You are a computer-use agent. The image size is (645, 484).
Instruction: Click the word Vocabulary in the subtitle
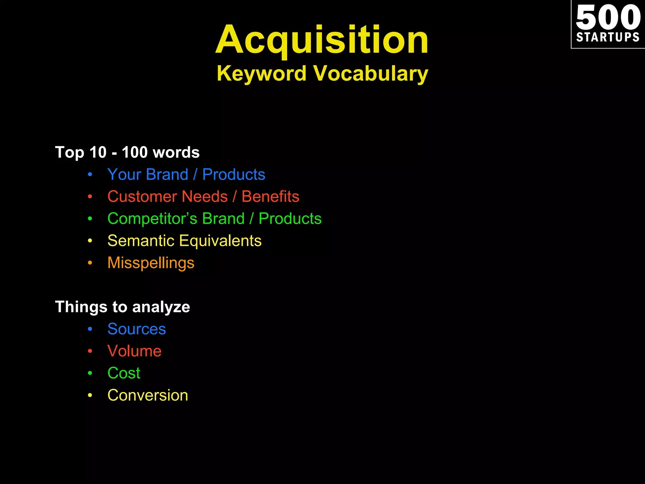coord(371,74)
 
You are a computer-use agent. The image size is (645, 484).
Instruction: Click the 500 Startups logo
coord(608,24)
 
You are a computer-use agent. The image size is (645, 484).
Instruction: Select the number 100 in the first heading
coord(134,152)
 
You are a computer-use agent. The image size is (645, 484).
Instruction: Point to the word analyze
coord(161,307)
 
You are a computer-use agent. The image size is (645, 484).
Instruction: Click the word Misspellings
coord(151,263)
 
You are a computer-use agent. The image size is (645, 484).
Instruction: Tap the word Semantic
coord(141,241)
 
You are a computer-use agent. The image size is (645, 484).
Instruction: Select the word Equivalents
coord(220,241)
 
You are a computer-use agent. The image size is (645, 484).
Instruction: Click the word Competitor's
coord(152,219)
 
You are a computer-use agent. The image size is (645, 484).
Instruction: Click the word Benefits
coord(270,197)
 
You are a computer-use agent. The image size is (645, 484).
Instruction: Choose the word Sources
coord(137,329)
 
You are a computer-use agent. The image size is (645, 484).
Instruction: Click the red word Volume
coord(134,351)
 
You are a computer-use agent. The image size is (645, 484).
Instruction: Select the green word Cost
coord(124,373)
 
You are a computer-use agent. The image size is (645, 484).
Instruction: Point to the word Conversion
coord(148,395)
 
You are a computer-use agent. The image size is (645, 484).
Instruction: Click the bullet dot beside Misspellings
coord(90,263)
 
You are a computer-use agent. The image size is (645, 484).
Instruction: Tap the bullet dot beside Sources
coord(90,329)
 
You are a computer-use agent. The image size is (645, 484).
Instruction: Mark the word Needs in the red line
coord(205,197)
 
